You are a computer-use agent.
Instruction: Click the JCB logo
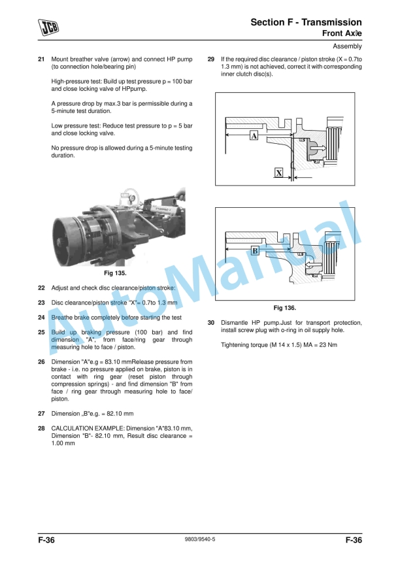pos(48,27)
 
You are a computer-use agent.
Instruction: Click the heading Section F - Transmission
pos(306,22)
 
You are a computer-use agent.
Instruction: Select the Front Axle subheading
pos(342,33)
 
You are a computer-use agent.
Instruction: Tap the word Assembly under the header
pos(347,46)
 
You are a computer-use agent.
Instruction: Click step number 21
pos(41,59)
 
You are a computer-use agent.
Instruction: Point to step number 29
pos(211,59)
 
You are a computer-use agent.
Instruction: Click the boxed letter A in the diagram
pos(254,136)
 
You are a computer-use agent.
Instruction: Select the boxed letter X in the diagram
pos(279,173)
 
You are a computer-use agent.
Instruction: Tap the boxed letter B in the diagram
pos(255,250)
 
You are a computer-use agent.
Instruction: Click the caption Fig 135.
pos(115,273)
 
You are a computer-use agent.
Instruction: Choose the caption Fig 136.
pos(285,308)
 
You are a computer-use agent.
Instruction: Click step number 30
pos(211,323)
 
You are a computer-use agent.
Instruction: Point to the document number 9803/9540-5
pos(199,539)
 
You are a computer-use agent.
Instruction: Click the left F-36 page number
pos(46,540)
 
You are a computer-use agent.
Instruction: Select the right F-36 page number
pos(354,540)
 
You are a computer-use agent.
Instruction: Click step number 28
pos(41,429)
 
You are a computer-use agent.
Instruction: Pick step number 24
pos(41,318)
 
